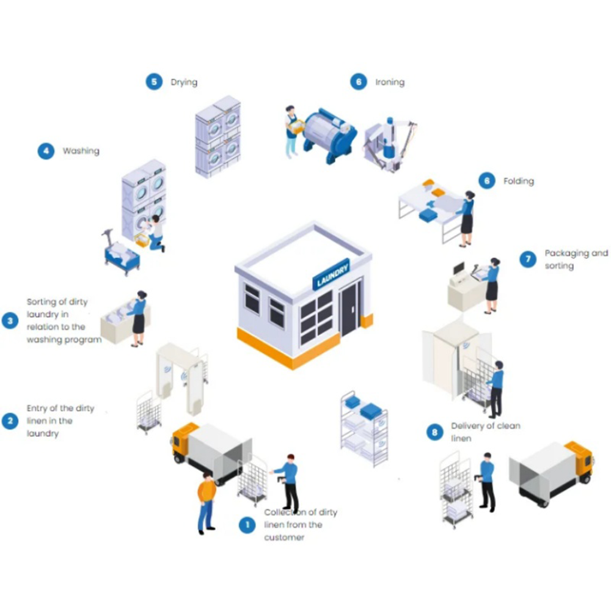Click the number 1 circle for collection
click(x=247, y=525)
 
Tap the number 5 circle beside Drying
click(x=154, y=82)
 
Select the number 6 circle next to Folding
click(x=486, y=181)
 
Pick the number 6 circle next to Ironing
click(x=359, y=82)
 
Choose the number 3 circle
click(x=10, y=320)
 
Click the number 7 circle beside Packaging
click(x=528, y=259)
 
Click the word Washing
click(x=81, y=151)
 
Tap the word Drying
click(x=184, y=82)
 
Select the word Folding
click(x=518, y=181)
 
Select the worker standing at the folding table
click(x=467, y=217)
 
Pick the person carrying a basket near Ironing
click(x=293, y=130)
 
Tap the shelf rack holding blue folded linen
click(x=364, y=428)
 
